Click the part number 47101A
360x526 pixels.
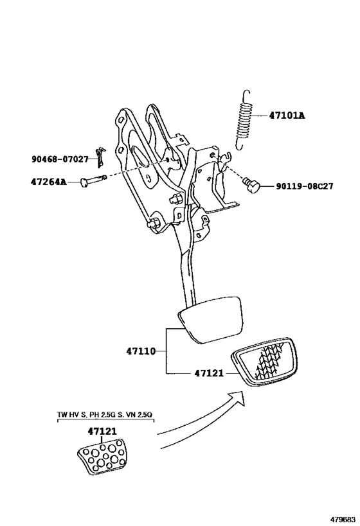pyautogui.click(x=287, y=116)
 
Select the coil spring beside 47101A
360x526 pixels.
pyautogui.click(x=244, y=120)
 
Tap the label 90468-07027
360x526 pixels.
pyautogui.click(x=60, y=159)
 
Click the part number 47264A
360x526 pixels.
pyautogui.click(x=48, y=182)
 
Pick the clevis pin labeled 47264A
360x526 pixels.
pyautogui.click(x=93, y=180)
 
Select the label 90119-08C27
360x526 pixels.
pyautogui.click(x=305, y=186)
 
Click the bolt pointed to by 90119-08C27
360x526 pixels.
pyautogui.click(x=251, y=185)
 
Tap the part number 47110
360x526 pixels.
pyautogui.click(x=141, y=351)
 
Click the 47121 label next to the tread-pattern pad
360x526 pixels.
pyautogui.click(x=208, y=373)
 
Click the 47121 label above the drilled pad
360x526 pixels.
pyautogui.click(x=102, y=431)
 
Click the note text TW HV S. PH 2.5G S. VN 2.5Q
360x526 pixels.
pyautogui.click(x=105, y=415)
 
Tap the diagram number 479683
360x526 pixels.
pyautogui.click(x=343, y=520)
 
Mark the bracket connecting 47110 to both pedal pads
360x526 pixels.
pyautogui.click(x=166, y=351)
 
